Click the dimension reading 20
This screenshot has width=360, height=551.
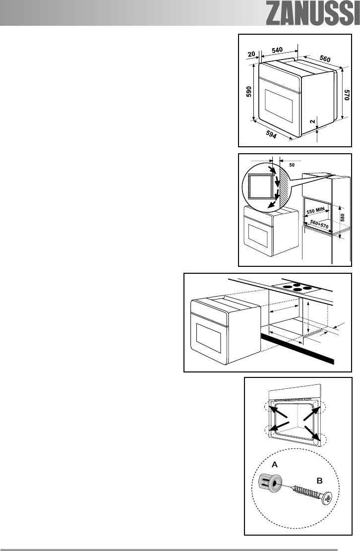252,53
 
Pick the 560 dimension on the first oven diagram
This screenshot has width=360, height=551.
325,59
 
